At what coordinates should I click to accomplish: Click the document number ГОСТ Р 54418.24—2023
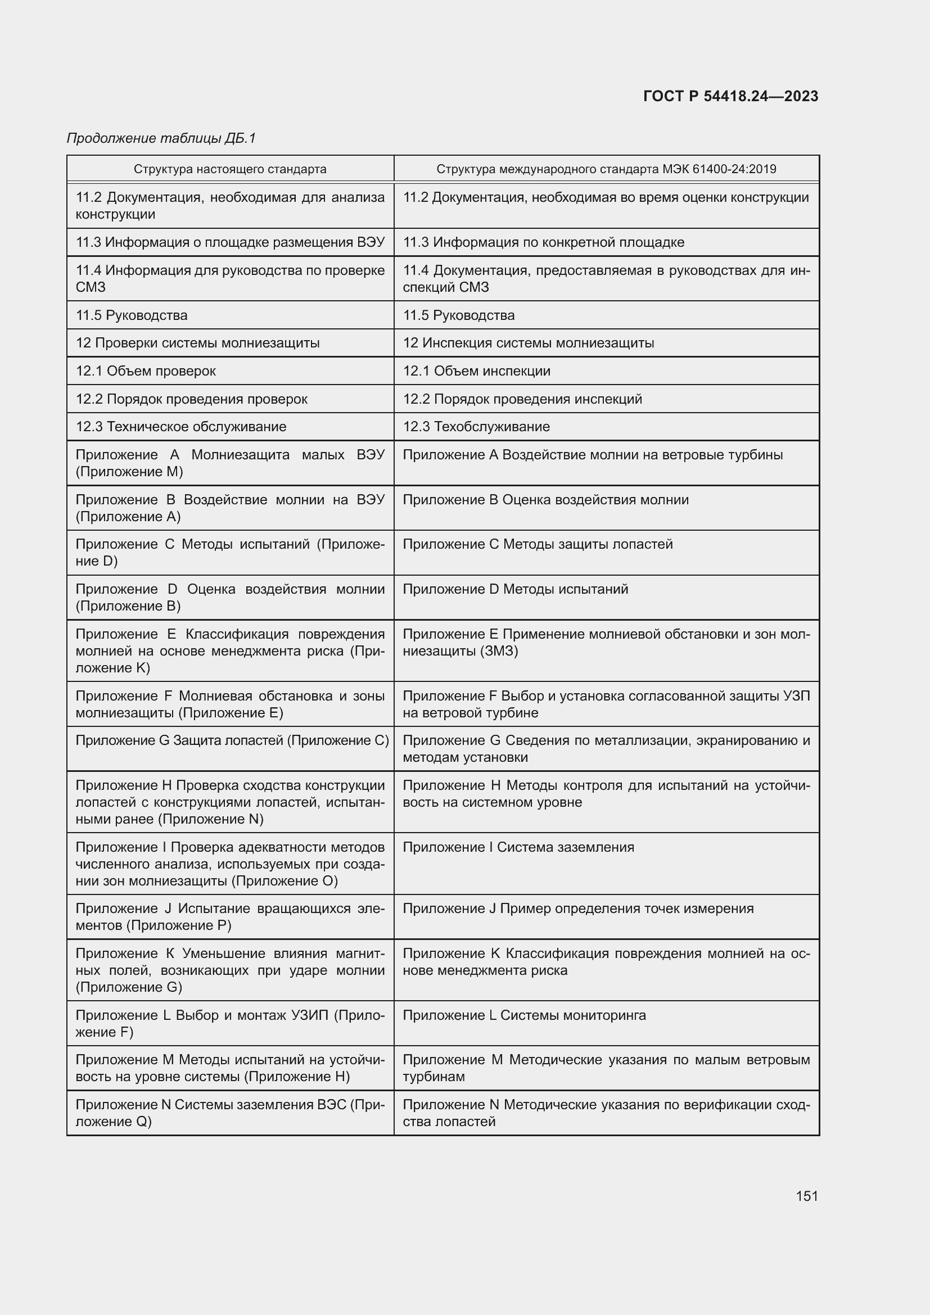point(731,96)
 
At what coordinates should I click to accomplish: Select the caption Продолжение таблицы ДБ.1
point(161,138)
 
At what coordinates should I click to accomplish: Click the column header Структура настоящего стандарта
point(230,169)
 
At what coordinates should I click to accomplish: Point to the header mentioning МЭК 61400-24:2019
point(606,169)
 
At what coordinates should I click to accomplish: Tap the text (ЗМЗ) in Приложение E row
point(499,651)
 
